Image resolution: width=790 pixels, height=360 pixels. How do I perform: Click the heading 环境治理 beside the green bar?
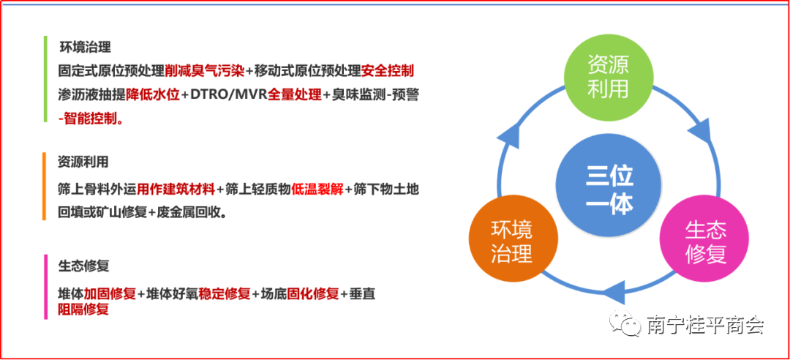click(85, 48)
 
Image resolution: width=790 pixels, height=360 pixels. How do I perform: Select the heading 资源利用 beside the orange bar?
click(83, 162)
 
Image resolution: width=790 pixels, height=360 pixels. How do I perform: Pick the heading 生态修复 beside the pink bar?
click(83, 265)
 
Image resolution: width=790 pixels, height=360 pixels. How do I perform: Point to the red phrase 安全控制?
click(388, 71)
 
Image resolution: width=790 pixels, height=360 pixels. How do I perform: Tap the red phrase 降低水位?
click(153, 95)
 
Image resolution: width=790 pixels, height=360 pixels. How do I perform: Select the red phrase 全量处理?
click(294, 95)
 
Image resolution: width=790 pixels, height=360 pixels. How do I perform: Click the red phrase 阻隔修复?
click(83, 308)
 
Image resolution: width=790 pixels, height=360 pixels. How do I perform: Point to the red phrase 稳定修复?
click(225, 294)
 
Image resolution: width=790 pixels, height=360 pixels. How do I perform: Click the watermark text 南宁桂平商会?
click(705, 325)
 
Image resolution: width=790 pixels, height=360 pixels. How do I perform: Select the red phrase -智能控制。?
click(91, 119)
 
